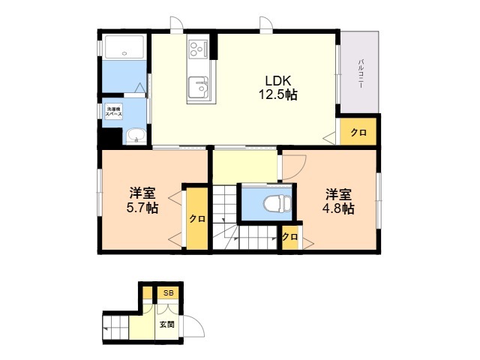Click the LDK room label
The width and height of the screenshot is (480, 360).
(x=277, y=80)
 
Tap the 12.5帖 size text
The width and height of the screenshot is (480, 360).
(x=278, y=94)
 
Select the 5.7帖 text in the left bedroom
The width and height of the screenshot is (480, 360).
(x=142, y=208)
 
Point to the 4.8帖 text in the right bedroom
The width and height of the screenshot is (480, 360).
(x=338, y=208)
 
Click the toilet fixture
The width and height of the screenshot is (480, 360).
(x=277, y=202)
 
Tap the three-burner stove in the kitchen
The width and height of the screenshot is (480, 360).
(x=198, y=49)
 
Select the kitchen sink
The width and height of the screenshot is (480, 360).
(x=198, y=87)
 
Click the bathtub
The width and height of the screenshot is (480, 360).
(x=124, y=46)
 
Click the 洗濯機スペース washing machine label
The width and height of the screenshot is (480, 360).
(x=113, y=112)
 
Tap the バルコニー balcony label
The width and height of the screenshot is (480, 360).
(x=361, y=73)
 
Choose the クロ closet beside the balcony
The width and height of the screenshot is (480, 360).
(x=358, y=132)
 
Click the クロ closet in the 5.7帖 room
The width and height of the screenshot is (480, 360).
(x=197, y=218)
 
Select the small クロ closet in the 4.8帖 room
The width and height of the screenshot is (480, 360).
(x=290, y=237)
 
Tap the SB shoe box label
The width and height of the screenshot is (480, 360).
(x=168, y=293)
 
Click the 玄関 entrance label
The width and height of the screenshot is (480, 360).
(x=166, y=324)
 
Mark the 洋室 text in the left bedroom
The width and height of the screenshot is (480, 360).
(x=142, y=193)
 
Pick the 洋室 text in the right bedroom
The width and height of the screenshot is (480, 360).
(x=338, y=194)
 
